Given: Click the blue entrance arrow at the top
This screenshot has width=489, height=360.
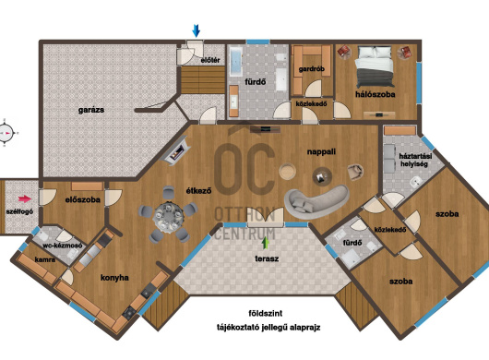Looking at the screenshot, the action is [197, 30].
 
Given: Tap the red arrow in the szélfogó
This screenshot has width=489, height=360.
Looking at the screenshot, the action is [25, 198].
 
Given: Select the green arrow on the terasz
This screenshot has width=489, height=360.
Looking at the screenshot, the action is [266, 243].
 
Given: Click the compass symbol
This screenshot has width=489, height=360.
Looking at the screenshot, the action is [6, 133].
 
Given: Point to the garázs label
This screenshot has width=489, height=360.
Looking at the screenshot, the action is [91, 110].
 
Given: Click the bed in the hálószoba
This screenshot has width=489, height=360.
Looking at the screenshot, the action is [375, 66].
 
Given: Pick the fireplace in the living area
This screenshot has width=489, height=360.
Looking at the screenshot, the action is [176, 150].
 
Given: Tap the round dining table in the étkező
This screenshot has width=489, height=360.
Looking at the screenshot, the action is [168, 216].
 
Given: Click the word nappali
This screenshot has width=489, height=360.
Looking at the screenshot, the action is [321, 152].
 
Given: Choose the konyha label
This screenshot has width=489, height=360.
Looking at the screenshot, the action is [114, 278].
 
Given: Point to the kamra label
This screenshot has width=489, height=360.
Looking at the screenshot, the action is [45, 259].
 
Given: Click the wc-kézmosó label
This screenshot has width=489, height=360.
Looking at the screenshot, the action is [63, 246].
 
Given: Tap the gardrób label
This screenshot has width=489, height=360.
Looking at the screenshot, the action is [312, 69].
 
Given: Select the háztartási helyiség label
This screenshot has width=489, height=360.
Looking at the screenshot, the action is [415, 160].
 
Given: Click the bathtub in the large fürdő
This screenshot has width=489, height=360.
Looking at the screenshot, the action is [236, 62].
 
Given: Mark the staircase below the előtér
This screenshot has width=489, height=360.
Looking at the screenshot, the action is [203, 80].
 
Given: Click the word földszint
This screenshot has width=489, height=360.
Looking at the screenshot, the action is [266, 313].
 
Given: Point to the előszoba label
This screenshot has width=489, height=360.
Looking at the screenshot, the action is [83, 199].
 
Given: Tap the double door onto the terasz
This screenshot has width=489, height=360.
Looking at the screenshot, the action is [266, 217].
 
